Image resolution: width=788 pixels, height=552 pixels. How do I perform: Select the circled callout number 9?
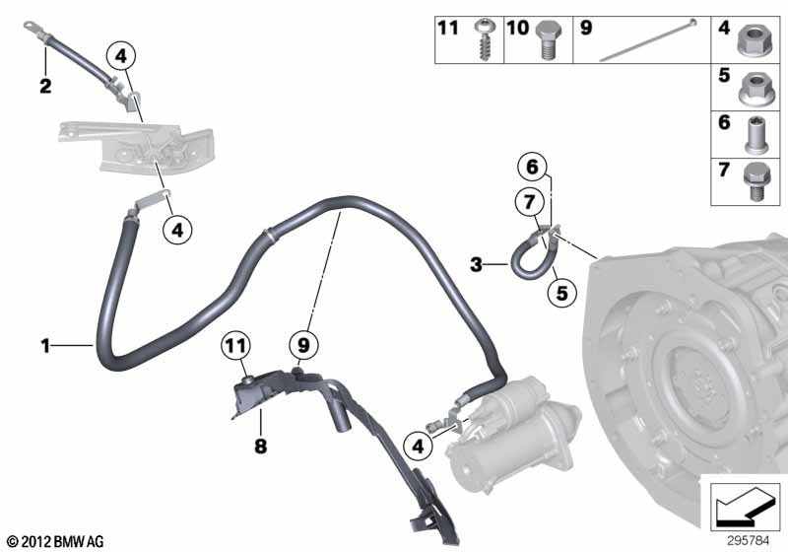304,346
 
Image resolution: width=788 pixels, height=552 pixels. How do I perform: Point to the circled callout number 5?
561,294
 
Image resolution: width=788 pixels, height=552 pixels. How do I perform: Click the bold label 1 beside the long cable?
44,345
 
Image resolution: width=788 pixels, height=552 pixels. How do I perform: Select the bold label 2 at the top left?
44,87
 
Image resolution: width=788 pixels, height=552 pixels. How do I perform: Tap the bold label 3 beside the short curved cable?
476,264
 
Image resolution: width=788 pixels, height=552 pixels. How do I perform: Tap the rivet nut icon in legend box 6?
758,134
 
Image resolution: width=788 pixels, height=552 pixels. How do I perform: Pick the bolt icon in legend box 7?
758,182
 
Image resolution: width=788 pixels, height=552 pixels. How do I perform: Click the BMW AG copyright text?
54,540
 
